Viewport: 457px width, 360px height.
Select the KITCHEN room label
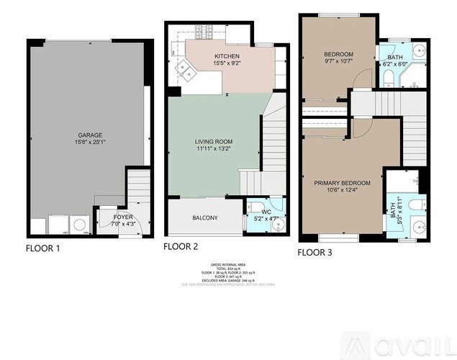tap(227, 56)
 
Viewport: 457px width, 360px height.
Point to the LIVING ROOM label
tap(214, 142)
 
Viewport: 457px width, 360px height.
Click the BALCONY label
tap(205, 218)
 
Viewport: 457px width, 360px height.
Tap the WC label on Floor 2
tap(266, 212)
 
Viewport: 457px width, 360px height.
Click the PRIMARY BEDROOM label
tap(342, 183)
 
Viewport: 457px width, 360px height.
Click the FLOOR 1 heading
tap(42, 248)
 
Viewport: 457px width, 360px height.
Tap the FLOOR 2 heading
tap(181, 246)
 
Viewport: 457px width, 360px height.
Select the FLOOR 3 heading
tap(315, 252)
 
